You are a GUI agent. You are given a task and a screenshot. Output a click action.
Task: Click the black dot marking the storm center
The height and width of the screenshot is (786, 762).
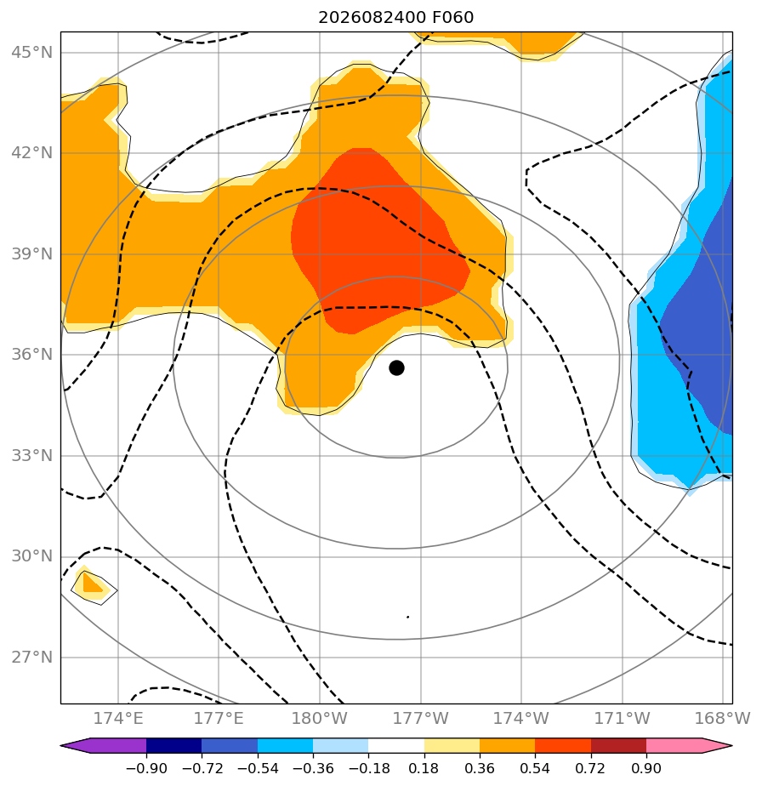click(x=396, y=368)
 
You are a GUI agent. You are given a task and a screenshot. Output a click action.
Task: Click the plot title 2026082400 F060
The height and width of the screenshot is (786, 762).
click(x=396, y=18)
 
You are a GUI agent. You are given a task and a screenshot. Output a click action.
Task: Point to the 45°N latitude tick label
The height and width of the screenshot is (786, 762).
click(x=31, y=52)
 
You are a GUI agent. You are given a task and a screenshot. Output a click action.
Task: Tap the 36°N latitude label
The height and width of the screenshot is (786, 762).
click(x=31, y=355)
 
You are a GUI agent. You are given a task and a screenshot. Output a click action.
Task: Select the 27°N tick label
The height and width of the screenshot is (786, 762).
click(x=31, y=658)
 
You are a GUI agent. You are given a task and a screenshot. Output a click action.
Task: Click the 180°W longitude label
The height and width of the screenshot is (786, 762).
click(x=319, y=718)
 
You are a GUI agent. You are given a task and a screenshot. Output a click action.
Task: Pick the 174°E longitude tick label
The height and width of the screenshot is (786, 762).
click(x=118, y=718)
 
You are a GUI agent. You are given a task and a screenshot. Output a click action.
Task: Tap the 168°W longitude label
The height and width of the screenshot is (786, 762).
click(x=722, y=718)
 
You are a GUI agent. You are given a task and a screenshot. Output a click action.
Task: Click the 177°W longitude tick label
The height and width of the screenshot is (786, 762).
click(x=420, y=718)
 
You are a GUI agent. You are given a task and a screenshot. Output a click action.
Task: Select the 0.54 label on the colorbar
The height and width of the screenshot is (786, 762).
click(x=536, y=768)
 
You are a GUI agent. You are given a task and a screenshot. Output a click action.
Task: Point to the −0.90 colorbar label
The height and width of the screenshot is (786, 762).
click(x=146, y=768)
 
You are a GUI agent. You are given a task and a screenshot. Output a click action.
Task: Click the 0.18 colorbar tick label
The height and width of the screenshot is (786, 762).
click(x=424, y=768)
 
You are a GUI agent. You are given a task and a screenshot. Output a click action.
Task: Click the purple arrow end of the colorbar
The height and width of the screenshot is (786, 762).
click(x=61, y=746)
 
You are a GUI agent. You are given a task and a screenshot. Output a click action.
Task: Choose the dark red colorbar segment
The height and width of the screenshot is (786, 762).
click(x=618, y=746)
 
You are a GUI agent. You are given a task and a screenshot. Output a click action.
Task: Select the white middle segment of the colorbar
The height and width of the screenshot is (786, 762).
click(x=396, y=746)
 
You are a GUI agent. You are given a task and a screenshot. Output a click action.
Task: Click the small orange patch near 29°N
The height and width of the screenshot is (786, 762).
click(x=91, y=584)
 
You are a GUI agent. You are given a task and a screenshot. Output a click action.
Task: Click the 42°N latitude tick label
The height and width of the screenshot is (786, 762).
click(x=31, y=152)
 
